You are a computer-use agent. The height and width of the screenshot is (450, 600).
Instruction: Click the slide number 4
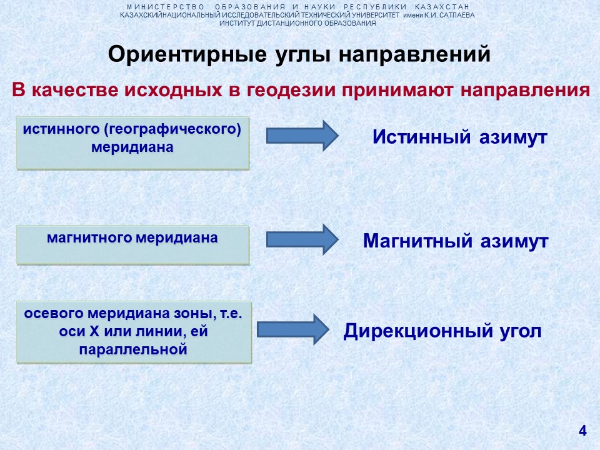tap(582, 431)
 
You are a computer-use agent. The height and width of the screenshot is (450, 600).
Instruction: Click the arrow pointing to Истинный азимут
tap(302, 136)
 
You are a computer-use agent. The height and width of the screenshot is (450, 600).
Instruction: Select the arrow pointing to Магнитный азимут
tap(302, 239)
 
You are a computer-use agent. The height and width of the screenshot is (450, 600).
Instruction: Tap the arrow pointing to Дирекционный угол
tap(293, 329)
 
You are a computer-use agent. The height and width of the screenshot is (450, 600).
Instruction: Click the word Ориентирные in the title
tap(187, 54)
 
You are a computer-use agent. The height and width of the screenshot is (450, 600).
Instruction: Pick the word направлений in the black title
tap(414, 54)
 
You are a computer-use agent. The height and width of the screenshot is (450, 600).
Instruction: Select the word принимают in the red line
tap(397, 91)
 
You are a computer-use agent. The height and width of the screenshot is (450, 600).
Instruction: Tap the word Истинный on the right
tap(421, 137)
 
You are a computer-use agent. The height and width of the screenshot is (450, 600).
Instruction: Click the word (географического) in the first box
tap(172, 129)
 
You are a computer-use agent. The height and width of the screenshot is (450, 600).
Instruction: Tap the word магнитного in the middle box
tap(89, 238)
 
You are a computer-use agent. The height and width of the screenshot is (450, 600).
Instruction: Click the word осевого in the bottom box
tap(54, 313)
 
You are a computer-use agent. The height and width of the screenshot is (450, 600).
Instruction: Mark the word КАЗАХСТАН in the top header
tap(442, 7)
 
